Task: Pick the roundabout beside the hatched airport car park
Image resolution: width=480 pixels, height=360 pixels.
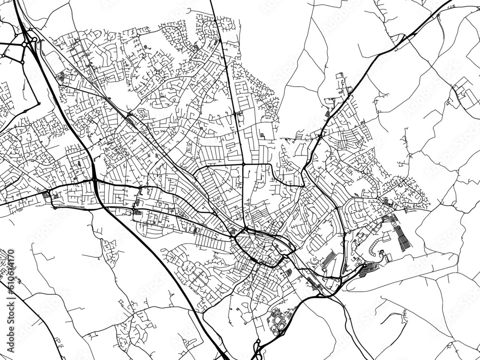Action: tap(364, 265)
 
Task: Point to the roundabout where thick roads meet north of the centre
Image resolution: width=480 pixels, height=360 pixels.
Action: tap(244, 165)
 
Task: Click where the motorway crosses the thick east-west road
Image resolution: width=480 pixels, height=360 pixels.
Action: tap(94, 180)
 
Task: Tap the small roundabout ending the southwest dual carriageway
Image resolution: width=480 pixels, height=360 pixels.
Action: tap(54, 207)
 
